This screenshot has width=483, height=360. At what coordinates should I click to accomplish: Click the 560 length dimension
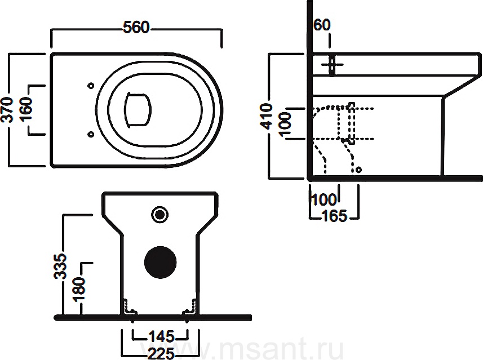click(x=136, y=27)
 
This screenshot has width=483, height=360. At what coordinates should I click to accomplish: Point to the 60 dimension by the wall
click(x=322, y=25)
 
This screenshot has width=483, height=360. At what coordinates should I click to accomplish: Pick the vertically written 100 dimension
click(x=285, y=123)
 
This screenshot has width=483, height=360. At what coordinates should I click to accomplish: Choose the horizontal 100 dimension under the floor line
click(x=324, y=200)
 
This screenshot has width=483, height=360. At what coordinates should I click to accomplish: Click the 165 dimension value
click(x=335, y=216)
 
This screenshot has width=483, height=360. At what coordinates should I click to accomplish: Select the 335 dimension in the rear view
click(x=60, y=266)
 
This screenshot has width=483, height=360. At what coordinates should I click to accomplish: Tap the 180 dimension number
click(x=78, y=289)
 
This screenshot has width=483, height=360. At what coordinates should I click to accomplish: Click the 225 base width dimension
click(x=161, y=353)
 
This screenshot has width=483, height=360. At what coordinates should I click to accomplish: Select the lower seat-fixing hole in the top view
click(x=91, y=134)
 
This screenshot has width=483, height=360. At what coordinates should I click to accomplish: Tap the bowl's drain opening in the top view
click(x=138, y=109)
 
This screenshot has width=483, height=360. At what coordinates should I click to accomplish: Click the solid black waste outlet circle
click(x=161, y=263)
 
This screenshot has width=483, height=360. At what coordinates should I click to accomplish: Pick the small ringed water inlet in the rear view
click(x=160, y=214)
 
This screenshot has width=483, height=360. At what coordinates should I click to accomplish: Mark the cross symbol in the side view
click(x=332, y=65)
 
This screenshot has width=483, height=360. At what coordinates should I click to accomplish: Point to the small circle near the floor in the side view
click(x=358, y=170)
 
